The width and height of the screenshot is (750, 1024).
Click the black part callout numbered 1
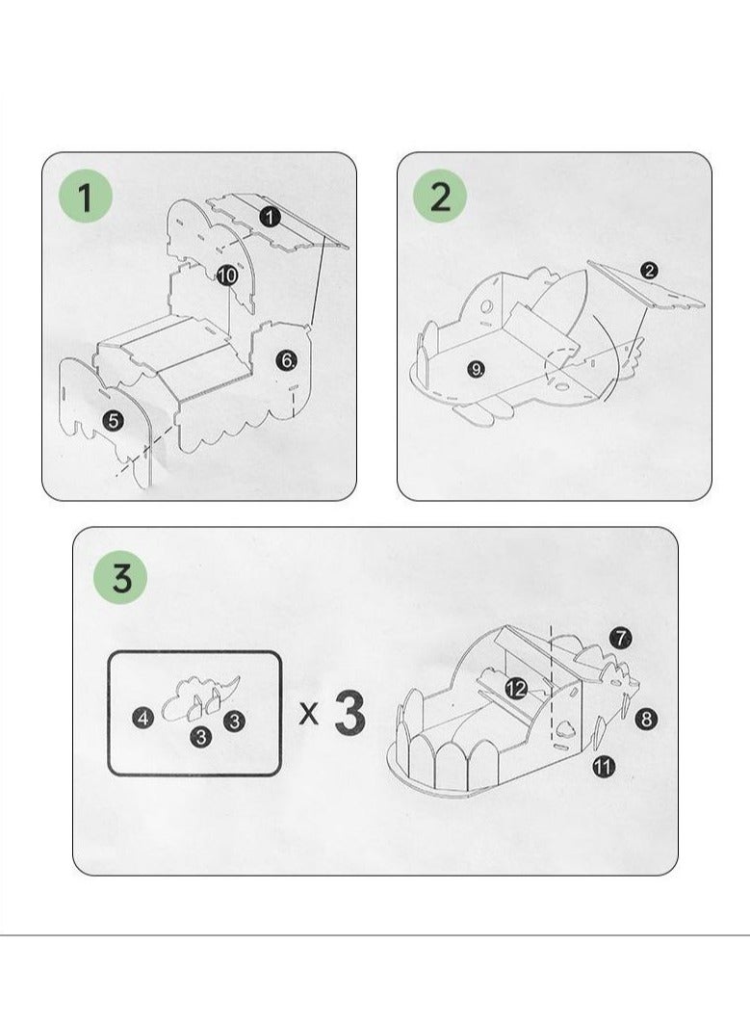pos(271,218)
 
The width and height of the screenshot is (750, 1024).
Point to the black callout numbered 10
pos(227,275)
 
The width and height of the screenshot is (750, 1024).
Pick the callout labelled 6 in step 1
pos(287,360)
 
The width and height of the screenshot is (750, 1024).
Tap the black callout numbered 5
pos(114,420)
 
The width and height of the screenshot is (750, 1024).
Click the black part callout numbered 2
pos(649,271)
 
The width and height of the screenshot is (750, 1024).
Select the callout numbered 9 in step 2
pos(476,368)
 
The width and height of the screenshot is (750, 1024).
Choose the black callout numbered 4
pos(142,718)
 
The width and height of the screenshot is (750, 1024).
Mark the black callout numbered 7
pos(621,638)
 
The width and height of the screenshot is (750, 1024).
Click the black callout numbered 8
pos(647,718)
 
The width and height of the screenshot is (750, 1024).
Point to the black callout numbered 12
pos(516,688)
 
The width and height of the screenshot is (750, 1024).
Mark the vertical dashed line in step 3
pos(550,674)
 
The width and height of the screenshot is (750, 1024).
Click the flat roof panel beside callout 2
pos(647,288)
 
